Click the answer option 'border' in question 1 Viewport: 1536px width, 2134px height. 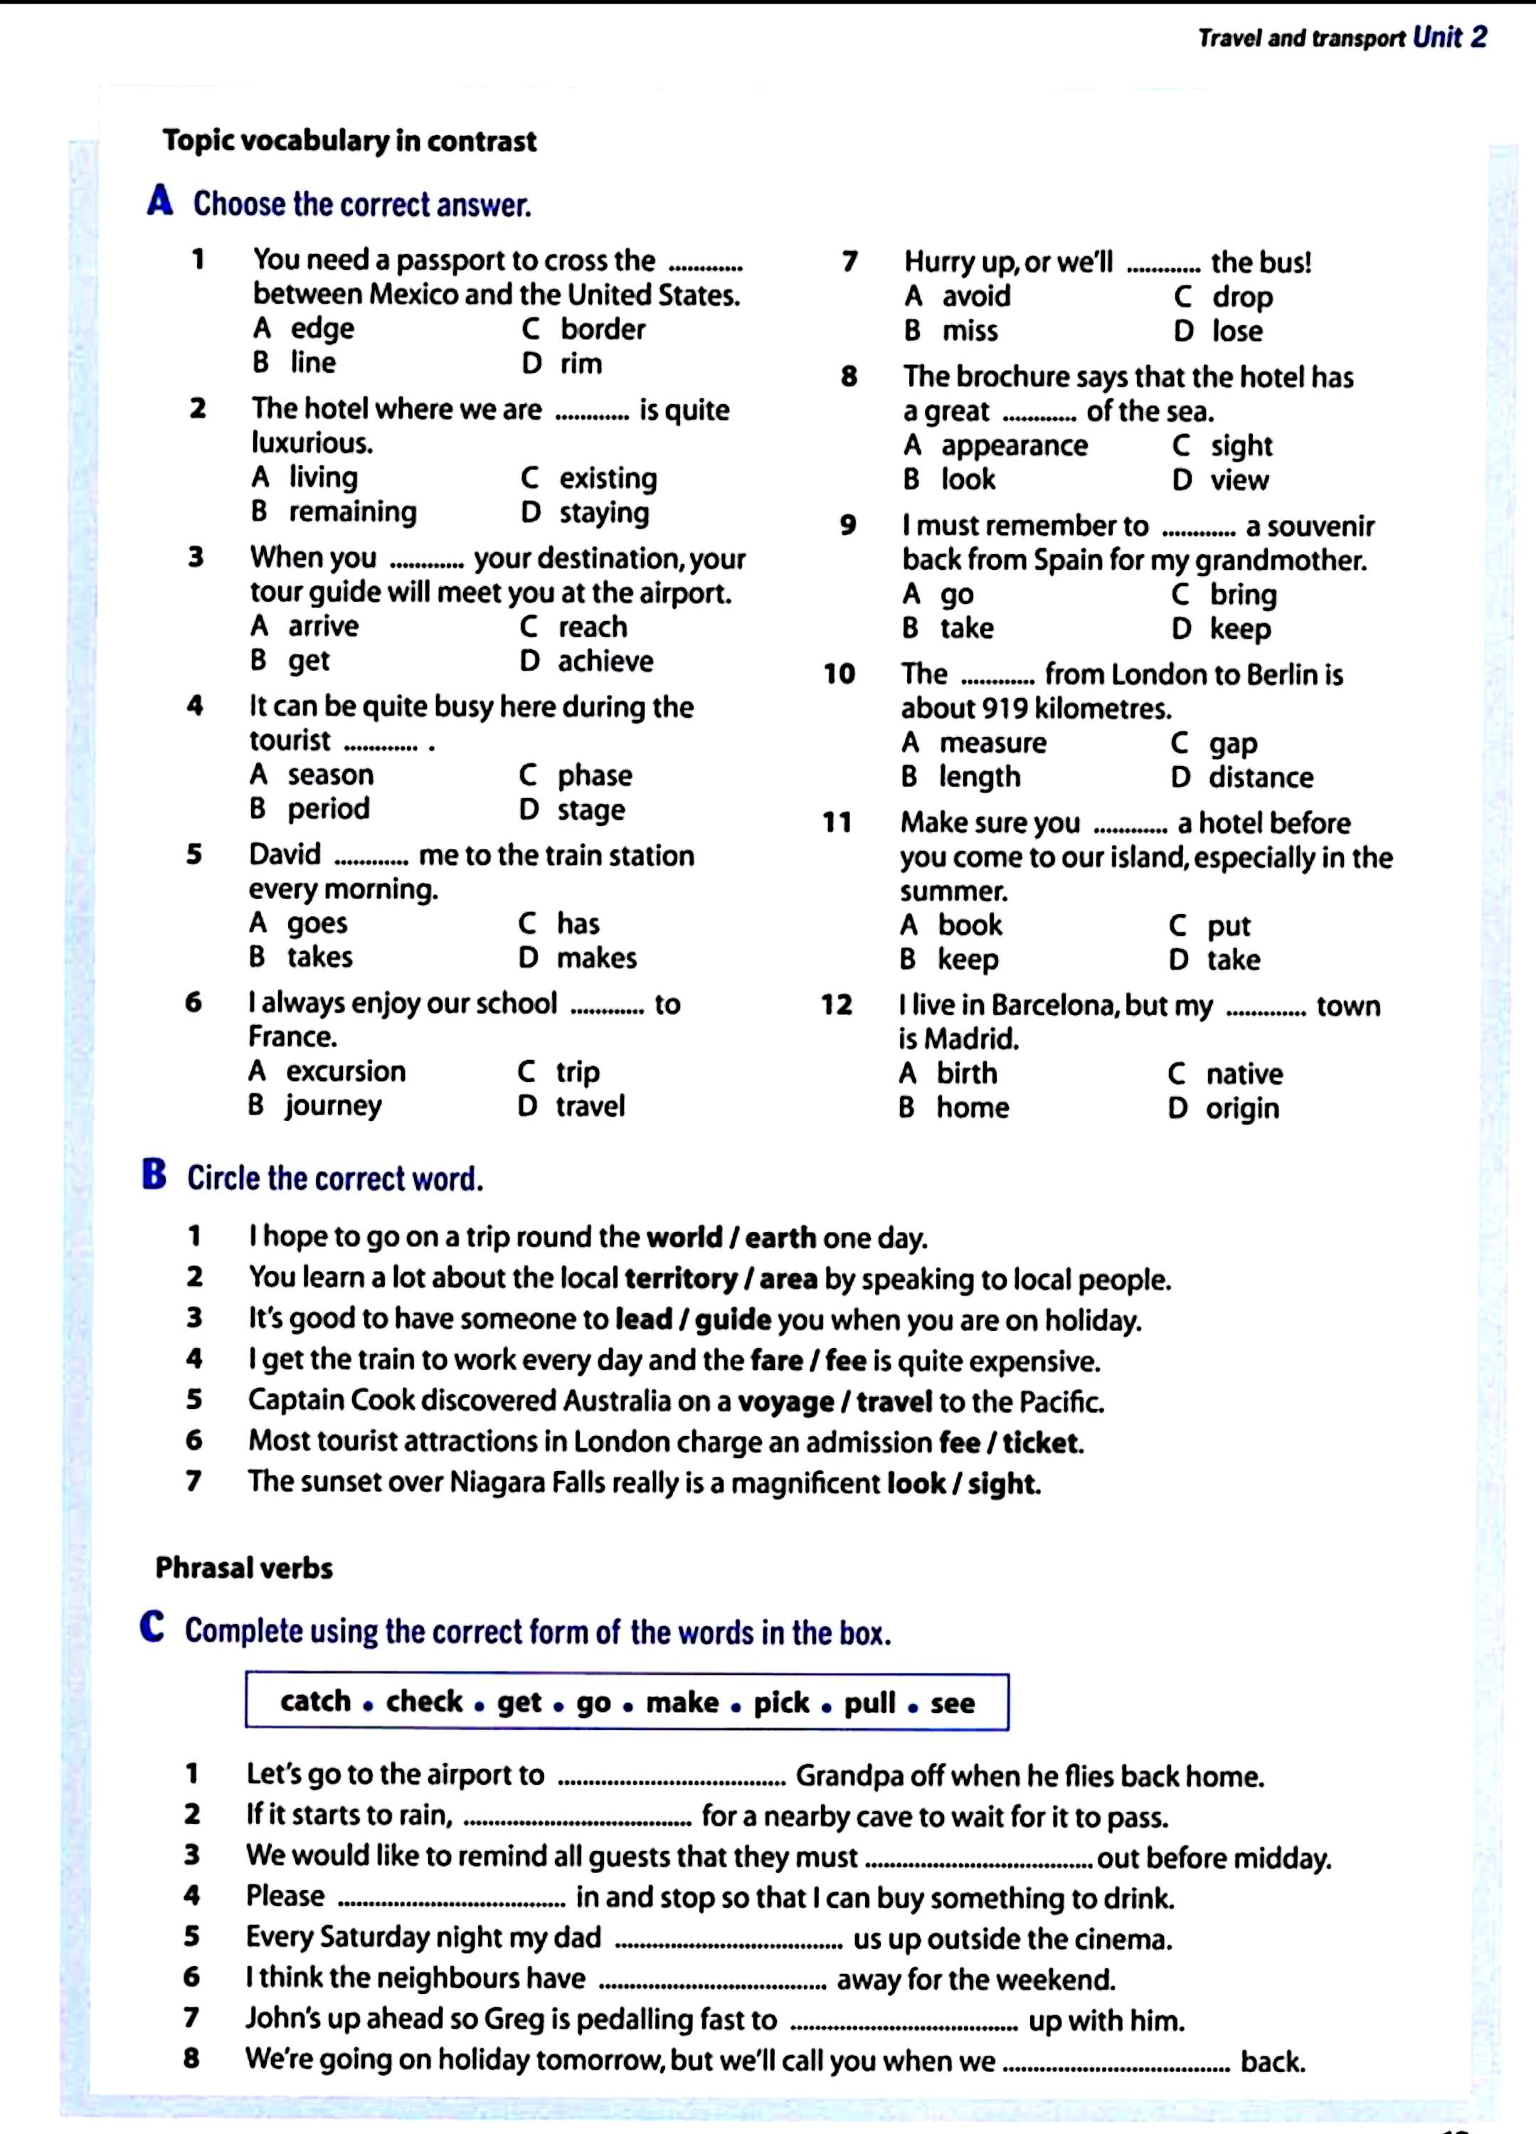click(x=603, y=329)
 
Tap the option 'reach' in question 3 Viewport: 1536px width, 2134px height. click(x=592, y=627)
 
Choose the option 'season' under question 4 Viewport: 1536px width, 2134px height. click(x=330, y=775)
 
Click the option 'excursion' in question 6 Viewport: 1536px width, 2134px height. click(x=346, y=1072)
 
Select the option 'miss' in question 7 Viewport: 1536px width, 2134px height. click(x=970, y=331)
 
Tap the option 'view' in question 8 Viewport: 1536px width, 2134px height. click(x=1239, y=480)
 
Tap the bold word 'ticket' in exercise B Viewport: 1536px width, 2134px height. click(x=1041, y=1443)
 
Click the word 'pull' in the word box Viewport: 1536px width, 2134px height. click(x=869, y=1702)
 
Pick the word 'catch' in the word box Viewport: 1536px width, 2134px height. click(x=315, y=1702)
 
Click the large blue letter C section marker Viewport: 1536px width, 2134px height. click(x=152, y=1628)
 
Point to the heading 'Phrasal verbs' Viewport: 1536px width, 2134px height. click(x=244, y=1568)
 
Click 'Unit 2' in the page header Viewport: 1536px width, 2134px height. click(x=1449, y=38)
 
